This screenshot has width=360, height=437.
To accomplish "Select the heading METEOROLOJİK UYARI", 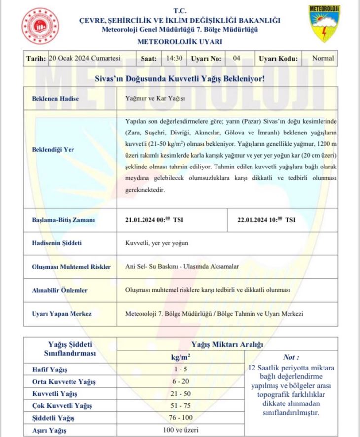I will (180, 42).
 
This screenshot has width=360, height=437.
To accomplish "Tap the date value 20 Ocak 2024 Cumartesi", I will (85, 58).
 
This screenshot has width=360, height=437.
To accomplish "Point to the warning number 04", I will (236, 58).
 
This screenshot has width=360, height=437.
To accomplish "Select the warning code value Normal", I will (323, 58).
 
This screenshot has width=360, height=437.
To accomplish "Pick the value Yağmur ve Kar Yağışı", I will (155, 98).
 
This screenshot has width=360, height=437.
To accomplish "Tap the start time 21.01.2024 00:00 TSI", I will (154, 220).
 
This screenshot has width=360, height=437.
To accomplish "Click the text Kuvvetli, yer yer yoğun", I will (157, 243).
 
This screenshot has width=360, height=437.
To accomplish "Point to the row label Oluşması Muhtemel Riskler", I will (69, 267).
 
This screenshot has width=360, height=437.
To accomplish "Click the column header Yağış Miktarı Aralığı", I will (227, 344).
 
